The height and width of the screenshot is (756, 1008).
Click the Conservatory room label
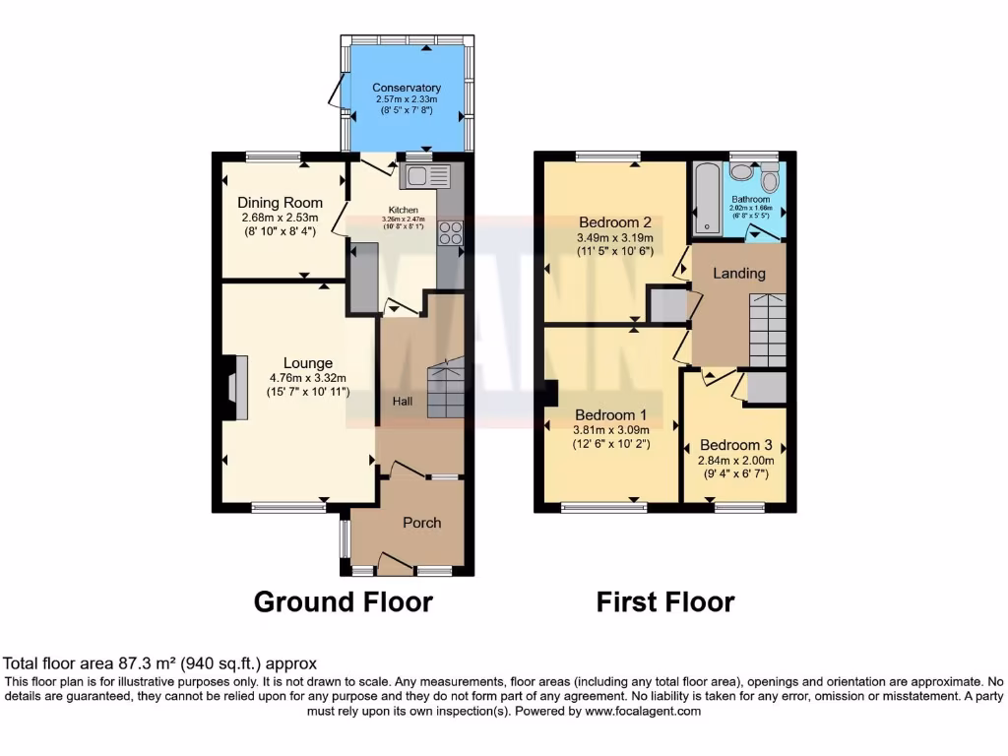pos(407,88)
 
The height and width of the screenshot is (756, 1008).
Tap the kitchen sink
pos(424,177)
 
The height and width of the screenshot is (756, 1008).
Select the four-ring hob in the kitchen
pos(450,232)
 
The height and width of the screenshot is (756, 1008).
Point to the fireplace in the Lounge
pos(229,388)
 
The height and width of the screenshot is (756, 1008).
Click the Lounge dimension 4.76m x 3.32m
pos(308,378)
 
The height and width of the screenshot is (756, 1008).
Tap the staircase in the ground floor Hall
pos(444,388)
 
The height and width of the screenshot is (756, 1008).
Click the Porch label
pos(421,523)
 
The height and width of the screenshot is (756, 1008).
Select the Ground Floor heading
pos(343,601)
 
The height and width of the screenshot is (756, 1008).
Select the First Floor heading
pos(664,601)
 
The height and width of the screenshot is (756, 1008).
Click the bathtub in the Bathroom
pos(706,199)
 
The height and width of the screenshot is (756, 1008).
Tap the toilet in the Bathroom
pos(770,181)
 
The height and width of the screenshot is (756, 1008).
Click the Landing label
pos(739,273)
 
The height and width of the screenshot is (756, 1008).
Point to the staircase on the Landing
pos(767,329)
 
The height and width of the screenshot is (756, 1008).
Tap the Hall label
pos(404,401)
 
